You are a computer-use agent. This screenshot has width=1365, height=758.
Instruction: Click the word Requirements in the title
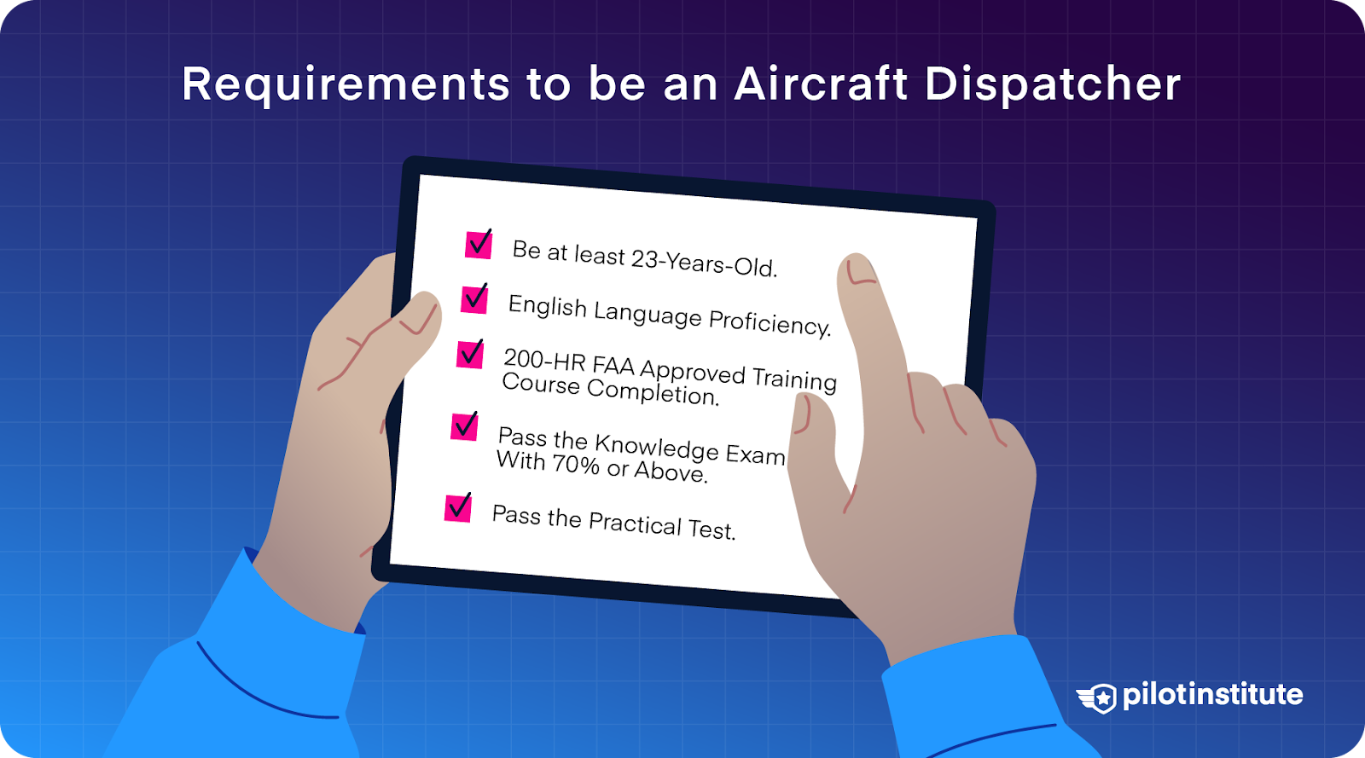[x=346, y=85]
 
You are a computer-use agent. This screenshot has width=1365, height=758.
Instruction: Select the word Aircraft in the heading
[x=821, y=84]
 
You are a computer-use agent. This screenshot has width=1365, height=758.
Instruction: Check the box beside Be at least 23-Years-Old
[x=479, y=245]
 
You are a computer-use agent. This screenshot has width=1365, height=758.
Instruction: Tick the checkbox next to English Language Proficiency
[x=474, y=299]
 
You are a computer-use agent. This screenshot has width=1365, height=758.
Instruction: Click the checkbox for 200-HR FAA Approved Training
[x=470, y=354]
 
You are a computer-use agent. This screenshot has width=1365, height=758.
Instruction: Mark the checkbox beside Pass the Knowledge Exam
[x=464, y=425]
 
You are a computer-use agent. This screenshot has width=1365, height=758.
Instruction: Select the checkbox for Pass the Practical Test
[x=458, y=507]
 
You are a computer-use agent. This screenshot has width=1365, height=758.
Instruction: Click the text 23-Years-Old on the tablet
[x=704, y=261]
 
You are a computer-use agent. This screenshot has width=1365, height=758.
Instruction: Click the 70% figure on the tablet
[x=576, y=464]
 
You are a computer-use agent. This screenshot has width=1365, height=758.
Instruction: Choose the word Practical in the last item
[x=635, y=523]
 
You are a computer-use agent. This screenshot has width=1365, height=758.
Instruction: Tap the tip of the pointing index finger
[x=856, y=266]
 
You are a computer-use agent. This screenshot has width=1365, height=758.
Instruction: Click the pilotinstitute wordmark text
[x=1212, y=695]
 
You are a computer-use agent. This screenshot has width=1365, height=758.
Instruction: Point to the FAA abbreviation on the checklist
[x=613, y=366]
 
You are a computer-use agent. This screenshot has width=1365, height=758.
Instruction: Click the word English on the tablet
[x=547, y=305]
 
